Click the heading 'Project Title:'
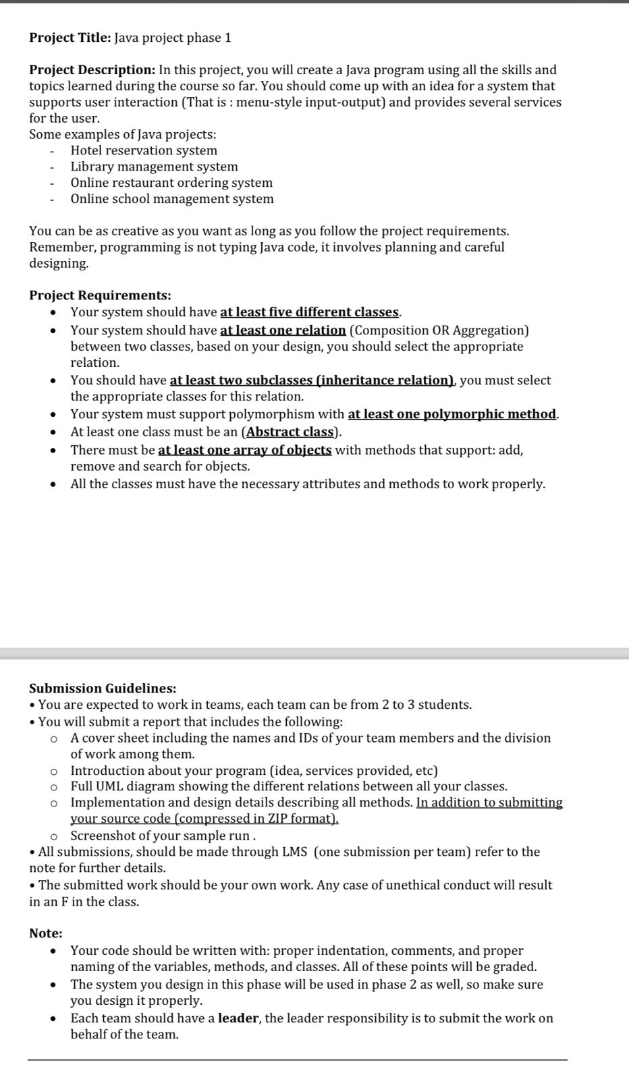[x=70, y=38]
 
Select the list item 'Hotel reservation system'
[x=144, y=150]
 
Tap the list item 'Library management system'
[x=154, y=167]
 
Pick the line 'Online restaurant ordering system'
[x=171, y=183]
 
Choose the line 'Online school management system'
[x=172, y=199]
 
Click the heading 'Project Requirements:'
[x=100, y=295]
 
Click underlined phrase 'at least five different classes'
[x=310, y=312]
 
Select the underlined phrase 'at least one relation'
[x=283, y=330]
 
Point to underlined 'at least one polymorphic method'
[x=452, y=414]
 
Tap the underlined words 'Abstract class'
[x=290, y=432]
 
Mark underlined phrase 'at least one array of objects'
[x=244, y=450]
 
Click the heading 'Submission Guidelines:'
[x=103, y=689]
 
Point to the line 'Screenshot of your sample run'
[x=161, y=836]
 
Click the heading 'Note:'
[x=45, y=933]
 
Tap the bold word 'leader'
[x=238, y=1018]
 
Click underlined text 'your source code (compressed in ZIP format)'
[x=204, y=819]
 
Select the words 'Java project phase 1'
[x=173, y=38]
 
